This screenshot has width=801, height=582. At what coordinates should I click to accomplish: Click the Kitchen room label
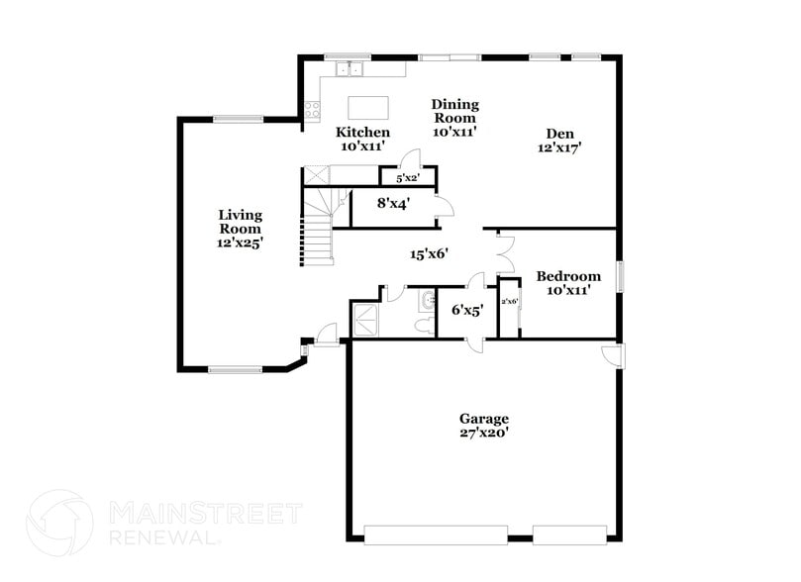[x=362, y=132]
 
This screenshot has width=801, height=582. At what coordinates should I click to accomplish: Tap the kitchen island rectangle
[x=367, y=106]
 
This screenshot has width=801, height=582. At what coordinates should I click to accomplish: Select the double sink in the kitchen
[x=350, y=69]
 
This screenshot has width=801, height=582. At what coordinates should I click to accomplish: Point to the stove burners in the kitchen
[x=312, y=110]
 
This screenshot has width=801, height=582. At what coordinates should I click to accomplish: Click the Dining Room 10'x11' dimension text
[x=454, y=132]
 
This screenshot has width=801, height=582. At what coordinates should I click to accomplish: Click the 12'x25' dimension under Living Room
[x=241, y=242]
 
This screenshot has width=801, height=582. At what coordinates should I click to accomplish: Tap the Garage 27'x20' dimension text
[x=483, y=433]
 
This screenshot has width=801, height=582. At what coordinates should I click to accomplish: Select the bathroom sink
[x=427, y=300]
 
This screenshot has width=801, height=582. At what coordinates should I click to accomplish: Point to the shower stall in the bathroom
[x=364, y=319]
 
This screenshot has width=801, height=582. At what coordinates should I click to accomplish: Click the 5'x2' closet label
[x=408, y=179]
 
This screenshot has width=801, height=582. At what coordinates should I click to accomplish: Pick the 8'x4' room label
[x=393, y=203]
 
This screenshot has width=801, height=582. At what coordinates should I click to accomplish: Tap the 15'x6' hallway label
[x=431, y=253]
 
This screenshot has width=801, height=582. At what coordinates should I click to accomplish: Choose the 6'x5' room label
[x=466, y=310]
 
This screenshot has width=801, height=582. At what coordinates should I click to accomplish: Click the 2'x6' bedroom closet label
[x=510, y=301]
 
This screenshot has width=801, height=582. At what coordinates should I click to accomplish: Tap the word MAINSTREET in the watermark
[x=204, y=514]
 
